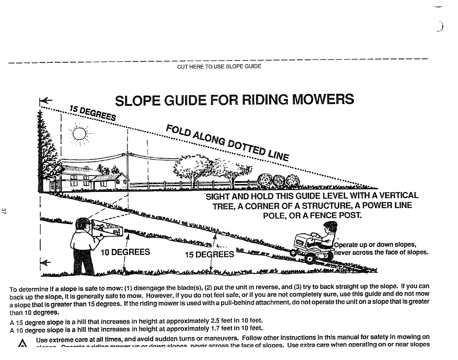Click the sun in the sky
(x=79, y=134)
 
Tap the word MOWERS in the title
(x=323, y=100)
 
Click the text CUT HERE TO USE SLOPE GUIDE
(x=219, y=66)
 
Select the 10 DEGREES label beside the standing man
(x=125, y=252)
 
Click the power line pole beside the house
(x=127, y=171)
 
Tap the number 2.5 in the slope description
(x=215, y=321)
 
